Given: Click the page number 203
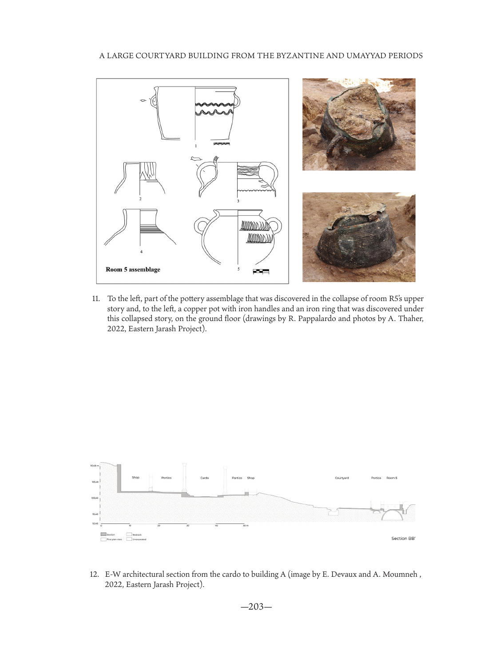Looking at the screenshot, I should pyautogui.click(x=256, y=607).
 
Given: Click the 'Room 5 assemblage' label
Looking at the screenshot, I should pyautogui.click(x=133, y=270).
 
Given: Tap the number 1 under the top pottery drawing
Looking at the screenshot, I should pyautogui.click(x=195, y=146).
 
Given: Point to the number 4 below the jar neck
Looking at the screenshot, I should pyautogui.click(x=141, y=252).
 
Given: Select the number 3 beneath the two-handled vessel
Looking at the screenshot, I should pyautogui.click(x=238, y=201).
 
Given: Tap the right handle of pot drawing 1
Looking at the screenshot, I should pyautogui.click(x=238, y=101).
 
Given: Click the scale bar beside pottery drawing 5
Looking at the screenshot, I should pyautogui.click(x=261, y=271).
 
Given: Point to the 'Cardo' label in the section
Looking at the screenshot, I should pyautogui.click(x=204, y=478).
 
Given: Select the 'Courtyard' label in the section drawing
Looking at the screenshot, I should pyautogui.click(x=341, y=478).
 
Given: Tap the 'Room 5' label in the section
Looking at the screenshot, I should pyautogui.click(x=392, y=478).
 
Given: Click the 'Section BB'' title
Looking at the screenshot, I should pyautogui.click(x=403, y=539).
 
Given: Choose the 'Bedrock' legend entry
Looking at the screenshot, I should pyautogui.click(x=137, y=535).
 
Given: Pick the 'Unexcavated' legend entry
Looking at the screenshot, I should pyautogui.click(x=139, y=539).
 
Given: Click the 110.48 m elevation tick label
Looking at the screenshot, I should pyautogui.click(x=94, y=466).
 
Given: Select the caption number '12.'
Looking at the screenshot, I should pyautogui.click(x=94, y=575).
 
